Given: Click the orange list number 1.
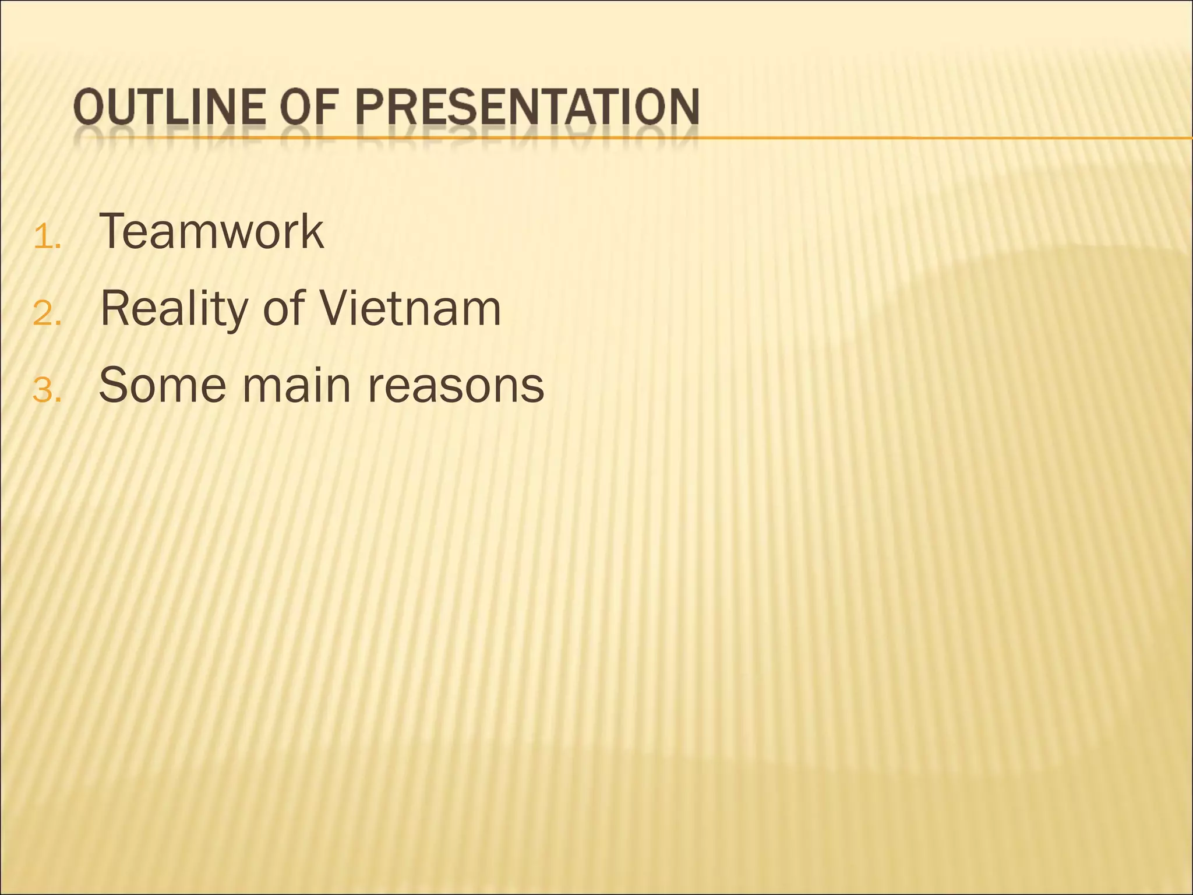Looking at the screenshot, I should click(47, 239).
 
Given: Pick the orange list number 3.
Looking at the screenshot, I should click(47, 392).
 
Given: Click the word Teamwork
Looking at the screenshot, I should click(211, 231).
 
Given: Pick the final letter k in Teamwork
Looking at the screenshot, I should click(313, 231).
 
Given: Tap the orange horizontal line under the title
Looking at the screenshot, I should click(932, 138).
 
